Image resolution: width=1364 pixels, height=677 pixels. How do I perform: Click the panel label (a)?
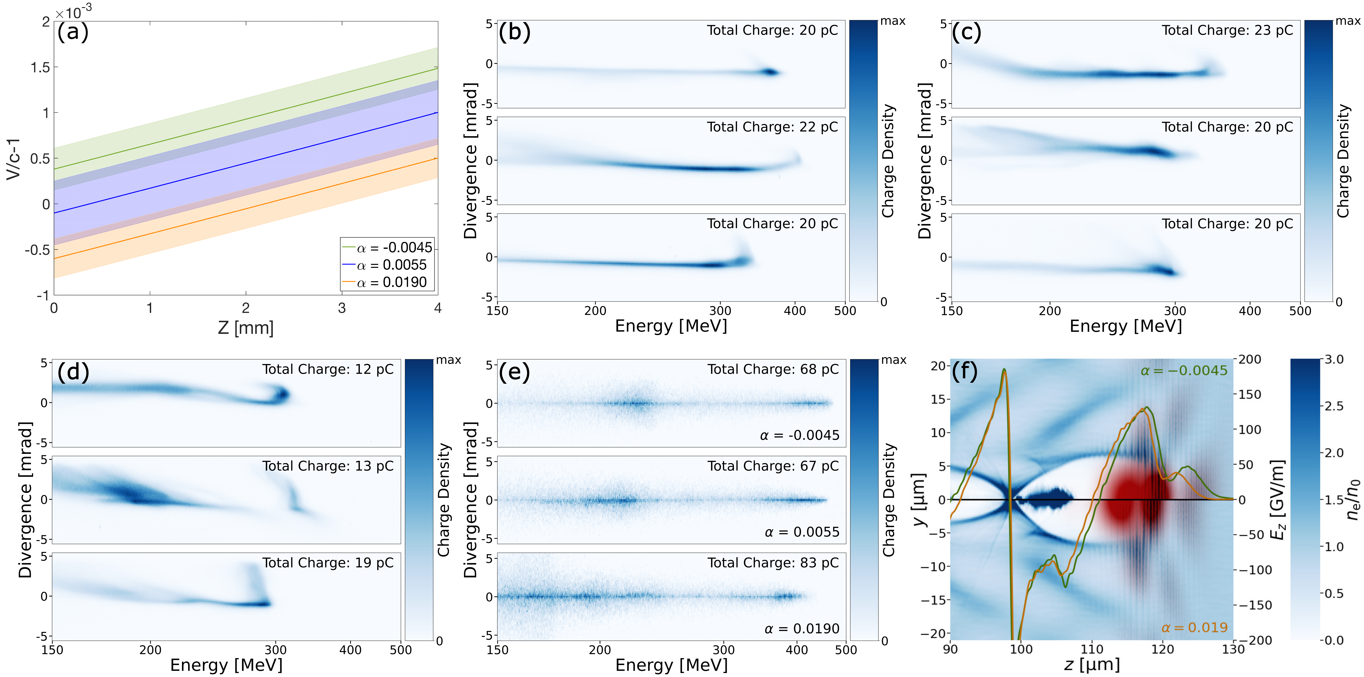tap(73, 32)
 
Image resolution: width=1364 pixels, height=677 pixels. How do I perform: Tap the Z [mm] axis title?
tap(246, 327)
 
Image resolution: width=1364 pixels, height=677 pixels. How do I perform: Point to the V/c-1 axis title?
tap(13, 159)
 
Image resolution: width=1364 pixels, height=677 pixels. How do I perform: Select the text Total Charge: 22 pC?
tap(772, 127)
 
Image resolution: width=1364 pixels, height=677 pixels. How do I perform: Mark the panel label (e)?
tap(514, 372)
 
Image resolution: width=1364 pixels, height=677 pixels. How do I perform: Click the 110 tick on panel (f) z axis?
tap(1092, 649)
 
